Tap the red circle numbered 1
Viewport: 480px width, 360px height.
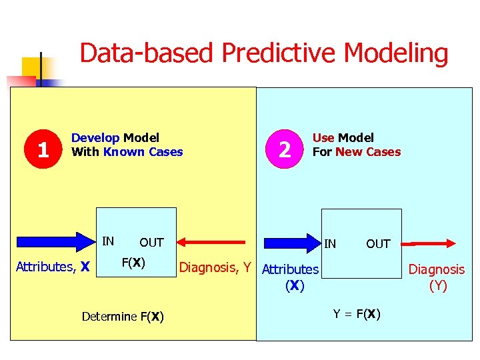(x=43, y=149)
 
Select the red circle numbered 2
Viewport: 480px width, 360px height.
(x=285, y=149)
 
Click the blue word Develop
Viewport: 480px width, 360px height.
(x=95, y=138)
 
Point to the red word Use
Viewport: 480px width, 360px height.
(x=323, y=138)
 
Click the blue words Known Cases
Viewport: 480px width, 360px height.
(x=143, y=152)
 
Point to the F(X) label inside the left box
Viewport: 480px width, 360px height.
(x=133, y=262)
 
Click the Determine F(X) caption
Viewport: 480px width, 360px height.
(x=123, y=316)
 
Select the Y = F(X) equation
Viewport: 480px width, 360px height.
(x=357, y=314)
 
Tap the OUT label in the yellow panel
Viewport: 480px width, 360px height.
(x=151, y=243)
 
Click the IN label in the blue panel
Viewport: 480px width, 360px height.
(x=330, y=244)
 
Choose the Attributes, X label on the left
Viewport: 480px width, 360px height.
(x=53, y=267)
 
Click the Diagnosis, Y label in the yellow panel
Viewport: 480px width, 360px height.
(x=215, y=268)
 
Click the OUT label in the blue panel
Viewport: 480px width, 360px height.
(x=378, y=244)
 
